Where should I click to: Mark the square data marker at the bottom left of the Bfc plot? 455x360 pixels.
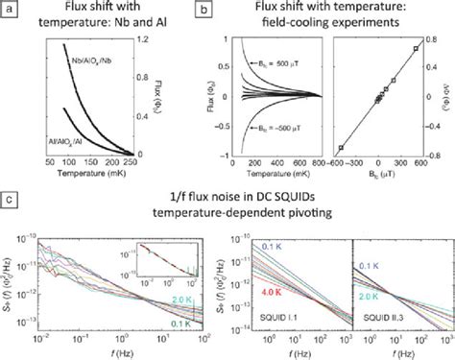click(342, 148)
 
